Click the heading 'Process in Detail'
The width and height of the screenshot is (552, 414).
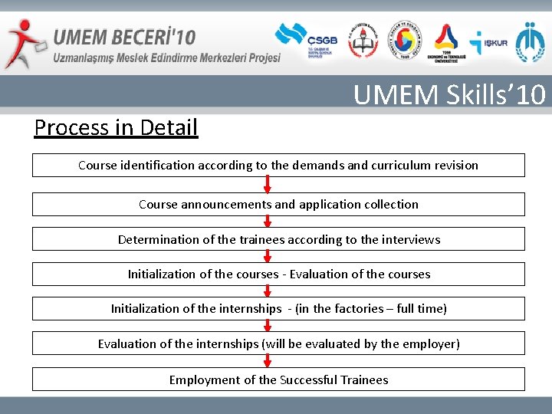pos(116,127)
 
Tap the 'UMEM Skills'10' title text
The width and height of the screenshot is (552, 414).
pos(449,95)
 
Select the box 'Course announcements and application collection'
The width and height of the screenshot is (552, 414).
pos(278,205)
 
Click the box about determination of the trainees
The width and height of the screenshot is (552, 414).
pos(278,239)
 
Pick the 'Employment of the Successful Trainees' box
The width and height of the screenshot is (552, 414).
pos(278,379)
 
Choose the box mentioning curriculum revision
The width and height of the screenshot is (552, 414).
pos(278,166)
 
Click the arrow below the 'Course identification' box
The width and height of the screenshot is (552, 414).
pos(268,185)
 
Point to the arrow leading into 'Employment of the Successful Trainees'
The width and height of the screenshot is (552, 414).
pos(268,361)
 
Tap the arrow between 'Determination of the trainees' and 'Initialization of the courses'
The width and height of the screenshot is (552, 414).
pos(268,257)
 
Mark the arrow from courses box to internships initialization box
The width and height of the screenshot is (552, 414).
pos(268,291)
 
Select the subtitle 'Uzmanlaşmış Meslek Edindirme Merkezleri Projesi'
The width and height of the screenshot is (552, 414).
pos(166,58)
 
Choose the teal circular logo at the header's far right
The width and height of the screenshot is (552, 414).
pos(530,41)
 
